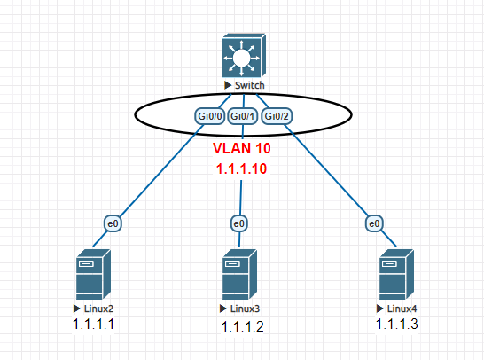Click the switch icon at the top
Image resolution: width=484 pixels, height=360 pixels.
click(x=242, y=58)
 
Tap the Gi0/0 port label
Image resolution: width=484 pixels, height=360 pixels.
click(x=209, y=116)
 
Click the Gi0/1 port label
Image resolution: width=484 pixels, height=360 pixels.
click(x=243, y=116)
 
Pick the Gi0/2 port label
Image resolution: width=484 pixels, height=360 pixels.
click(x=277, y=116)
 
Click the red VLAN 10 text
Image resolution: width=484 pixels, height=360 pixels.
click(x=242, y=146)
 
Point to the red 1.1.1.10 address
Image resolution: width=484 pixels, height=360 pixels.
click(x=242, y=167)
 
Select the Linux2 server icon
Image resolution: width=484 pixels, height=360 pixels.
click(x=91, y=275)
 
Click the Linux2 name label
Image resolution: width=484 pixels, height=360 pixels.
click(x=98, y=307)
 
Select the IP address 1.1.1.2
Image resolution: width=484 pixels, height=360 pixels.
click(x=242, y=326)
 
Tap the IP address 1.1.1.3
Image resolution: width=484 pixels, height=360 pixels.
click(x=397, y=324)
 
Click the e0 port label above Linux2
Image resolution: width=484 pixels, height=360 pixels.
click(x=113, y=223)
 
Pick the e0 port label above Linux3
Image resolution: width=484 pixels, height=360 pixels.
click(x=239, y=223)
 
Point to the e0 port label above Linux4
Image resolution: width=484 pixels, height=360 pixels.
click(x=375, y=223)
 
